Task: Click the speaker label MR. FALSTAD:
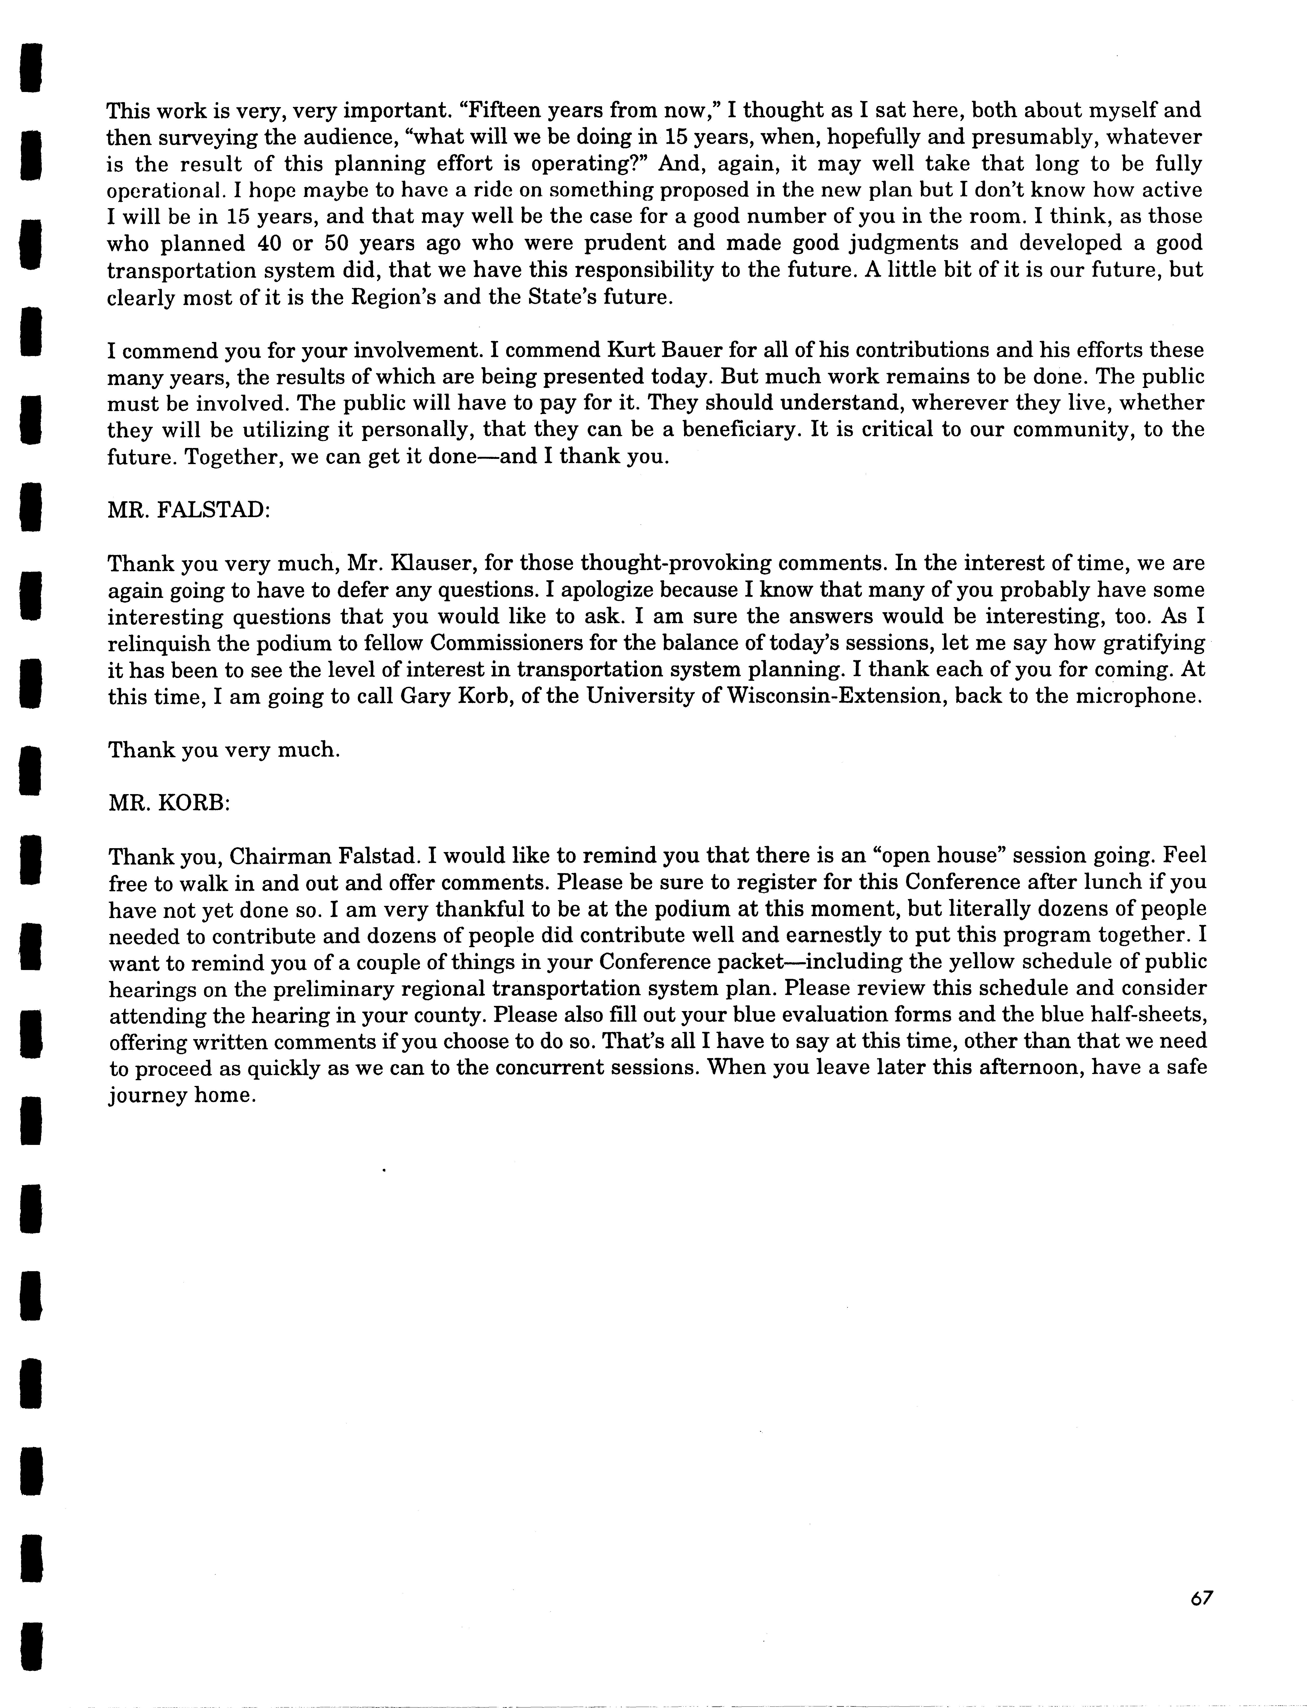click(189, 510)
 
